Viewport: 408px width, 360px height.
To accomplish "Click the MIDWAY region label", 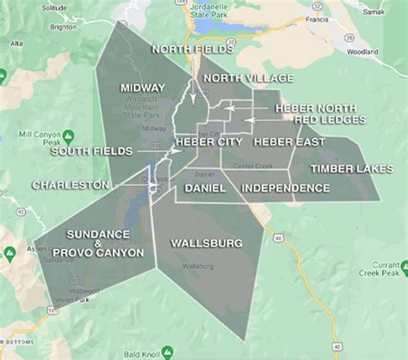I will (x=143, y=88).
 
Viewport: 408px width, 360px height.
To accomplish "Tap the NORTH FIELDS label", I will (x=191, y=51).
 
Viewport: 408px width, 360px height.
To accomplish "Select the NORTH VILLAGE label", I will (x=235, y=79).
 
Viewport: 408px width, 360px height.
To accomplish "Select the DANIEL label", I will (x=205, y=188).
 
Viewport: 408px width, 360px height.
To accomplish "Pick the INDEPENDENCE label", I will (x=285, y=188).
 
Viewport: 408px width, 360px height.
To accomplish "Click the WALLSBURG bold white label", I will (x=207, y=243).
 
